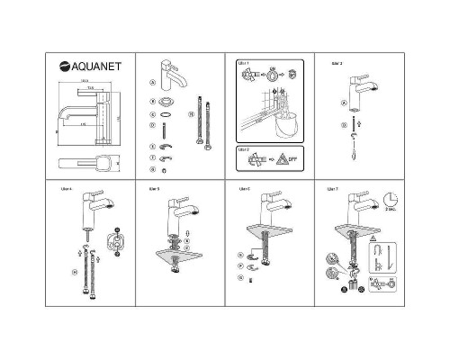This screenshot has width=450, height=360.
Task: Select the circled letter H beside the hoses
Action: tap(190, 115)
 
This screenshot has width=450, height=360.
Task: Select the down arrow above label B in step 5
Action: tap(185, 231)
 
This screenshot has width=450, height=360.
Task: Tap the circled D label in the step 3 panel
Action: tap(344, 125)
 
